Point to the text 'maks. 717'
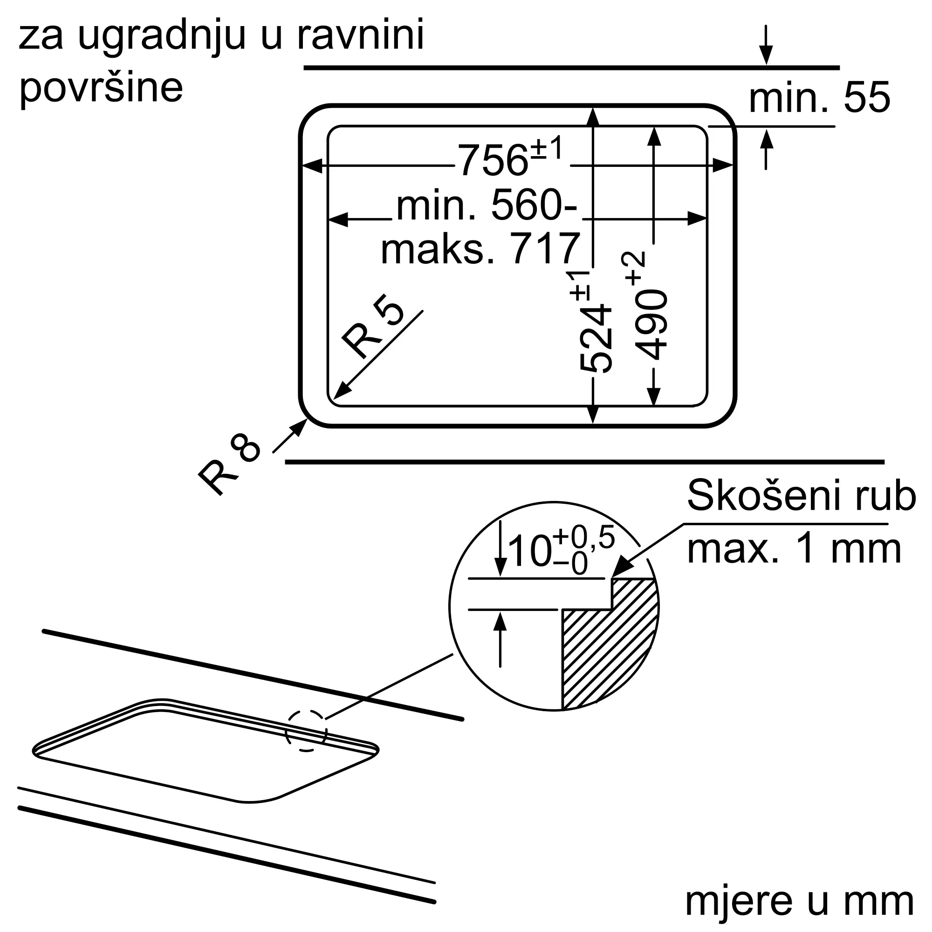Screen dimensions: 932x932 click(x=480, y=249)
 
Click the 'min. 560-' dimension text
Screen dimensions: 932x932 click(x=486, y=206)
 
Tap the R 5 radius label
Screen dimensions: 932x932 click(x=372, y=326)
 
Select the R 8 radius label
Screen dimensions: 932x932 click(x=230, y=463)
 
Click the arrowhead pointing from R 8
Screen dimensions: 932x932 click(x=300, y=427)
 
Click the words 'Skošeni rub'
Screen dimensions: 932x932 click(x=801, y=495)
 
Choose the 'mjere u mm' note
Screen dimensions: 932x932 click(x=799, y=902)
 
